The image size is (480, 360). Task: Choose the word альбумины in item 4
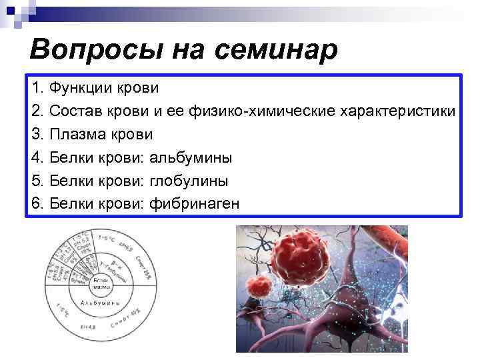(191, 157)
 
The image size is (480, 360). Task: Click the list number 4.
(37, 157)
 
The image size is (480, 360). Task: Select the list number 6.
(37, 203)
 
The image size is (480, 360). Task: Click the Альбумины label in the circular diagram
(101, 303)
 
